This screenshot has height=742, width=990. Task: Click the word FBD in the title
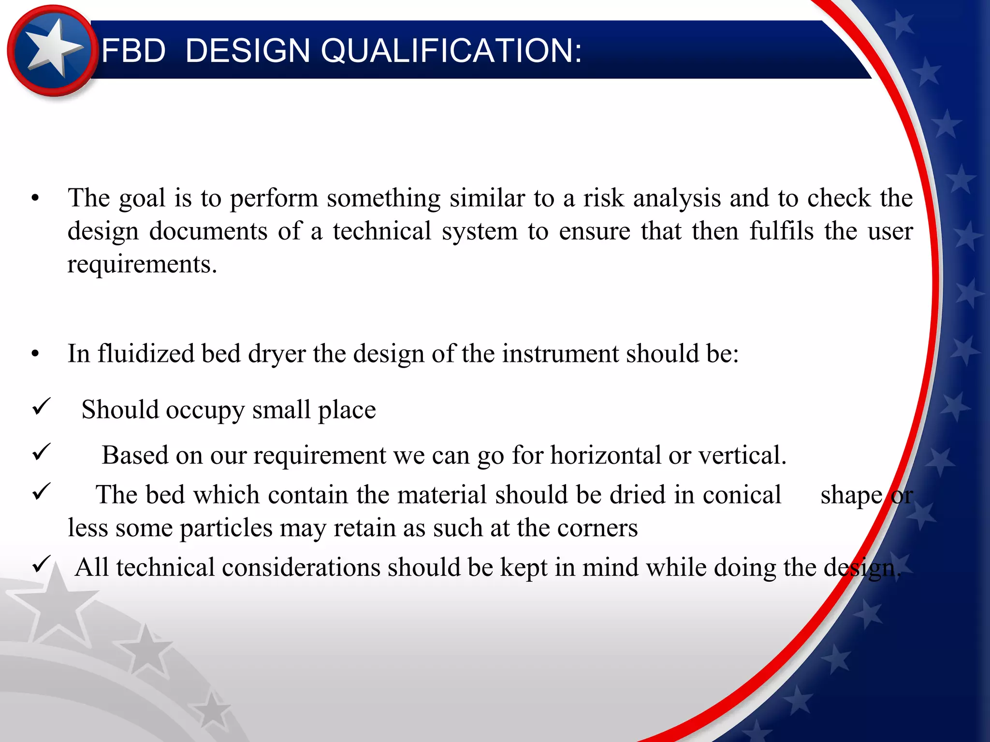pos(133,50)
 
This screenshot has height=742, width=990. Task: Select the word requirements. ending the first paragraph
pos(142,264)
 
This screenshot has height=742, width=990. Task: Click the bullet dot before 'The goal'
pos(35,199)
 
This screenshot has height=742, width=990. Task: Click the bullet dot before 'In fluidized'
pos(35,354)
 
